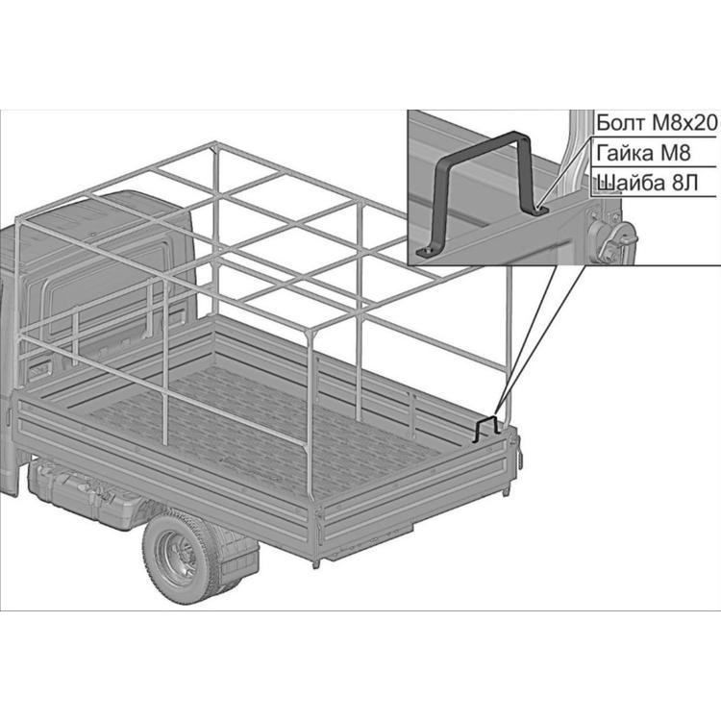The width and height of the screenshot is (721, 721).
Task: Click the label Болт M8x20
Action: point(657,123)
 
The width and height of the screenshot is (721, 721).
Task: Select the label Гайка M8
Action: point(643,153)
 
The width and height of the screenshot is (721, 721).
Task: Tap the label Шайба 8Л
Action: point(647,183)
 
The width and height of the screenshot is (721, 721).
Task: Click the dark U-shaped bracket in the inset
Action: point(483,193)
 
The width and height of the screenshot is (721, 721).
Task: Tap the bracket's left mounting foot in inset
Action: point(426,252)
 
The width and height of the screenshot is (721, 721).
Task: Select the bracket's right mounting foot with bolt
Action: point(539,211)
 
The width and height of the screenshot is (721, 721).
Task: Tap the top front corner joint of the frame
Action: point(214,147)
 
